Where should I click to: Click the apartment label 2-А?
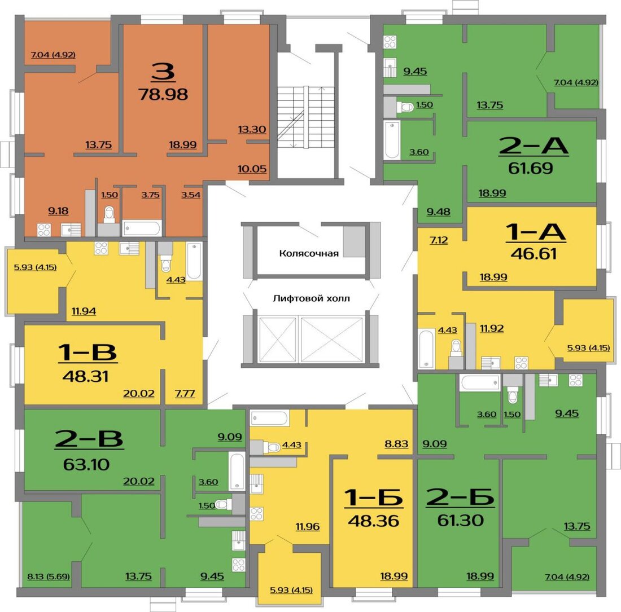[x=533, y=146]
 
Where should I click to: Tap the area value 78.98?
[x=163, y=94]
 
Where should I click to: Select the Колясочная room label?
[x=309, y=253]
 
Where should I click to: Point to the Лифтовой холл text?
[x=311, y=298]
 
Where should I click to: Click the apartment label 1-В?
[x=87, y=352]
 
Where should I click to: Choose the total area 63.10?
[x=86, y=464]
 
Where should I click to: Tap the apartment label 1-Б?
[x=374, y=497]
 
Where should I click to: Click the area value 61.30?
[x=461, y=520]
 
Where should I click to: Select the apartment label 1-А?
[x=535, y=232]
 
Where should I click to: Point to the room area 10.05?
[x=252, y=169]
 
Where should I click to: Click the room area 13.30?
[x=252, y=129]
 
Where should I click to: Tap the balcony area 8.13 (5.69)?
[x=49, y=576]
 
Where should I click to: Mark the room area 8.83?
[x=396, y=444]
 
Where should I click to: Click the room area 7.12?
[x=439, y=240]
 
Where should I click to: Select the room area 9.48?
[x=439, y=212]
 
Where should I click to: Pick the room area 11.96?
[x=308, y=527]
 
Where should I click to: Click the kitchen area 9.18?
[x=58, y=211]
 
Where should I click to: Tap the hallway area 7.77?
[x=185, y=393]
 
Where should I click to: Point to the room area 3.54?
[x=191, y=195]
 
